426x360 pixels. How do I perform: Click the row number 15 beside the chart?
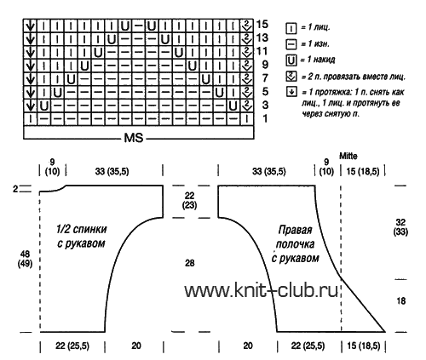coord(262,24)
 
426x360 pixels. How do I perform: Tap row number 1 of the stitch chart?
coord(265,118)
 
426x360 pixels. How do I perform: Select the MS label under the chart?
coord(134,138)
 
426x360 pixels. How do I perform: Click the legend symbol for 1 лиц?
coord(291,28)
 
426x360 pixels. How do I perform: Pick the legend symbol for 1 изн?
coord(291,44)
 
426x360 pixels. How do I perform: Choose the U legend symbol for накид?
coord(291,60)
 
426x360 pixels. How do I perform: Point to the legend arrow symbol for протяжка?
coord(291,92)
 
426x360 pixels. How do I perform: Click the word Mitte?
coord(348,156)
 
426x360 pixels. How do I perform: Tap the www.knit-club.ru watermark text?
coord(262,290)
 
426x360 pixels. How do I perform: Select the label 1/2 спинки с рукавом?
coord(82,236)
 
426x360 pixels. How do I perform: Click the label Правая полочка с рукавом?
coord(296,244)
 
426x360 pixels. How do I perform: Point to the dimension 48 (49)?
coord(25,259)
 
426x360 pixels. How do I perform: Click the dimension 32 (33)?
coord(400,227)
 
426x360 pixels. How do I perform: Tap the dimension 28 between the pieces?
coord(190,263)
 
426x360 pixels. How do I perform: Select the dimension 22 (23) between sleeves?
coord(189,200)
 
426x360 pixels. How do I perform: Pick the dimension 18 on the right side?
coord(400,300)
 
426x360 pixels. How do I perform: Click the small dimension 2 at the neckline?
coord(15,189)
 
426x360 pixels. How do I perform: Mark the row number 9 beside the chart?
coord(265,65)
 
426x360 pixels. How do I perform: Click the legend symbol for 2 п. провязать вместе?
coord(291,77)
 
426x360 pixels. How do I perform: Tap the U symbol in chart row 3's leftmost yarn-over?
coord(44,106)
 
